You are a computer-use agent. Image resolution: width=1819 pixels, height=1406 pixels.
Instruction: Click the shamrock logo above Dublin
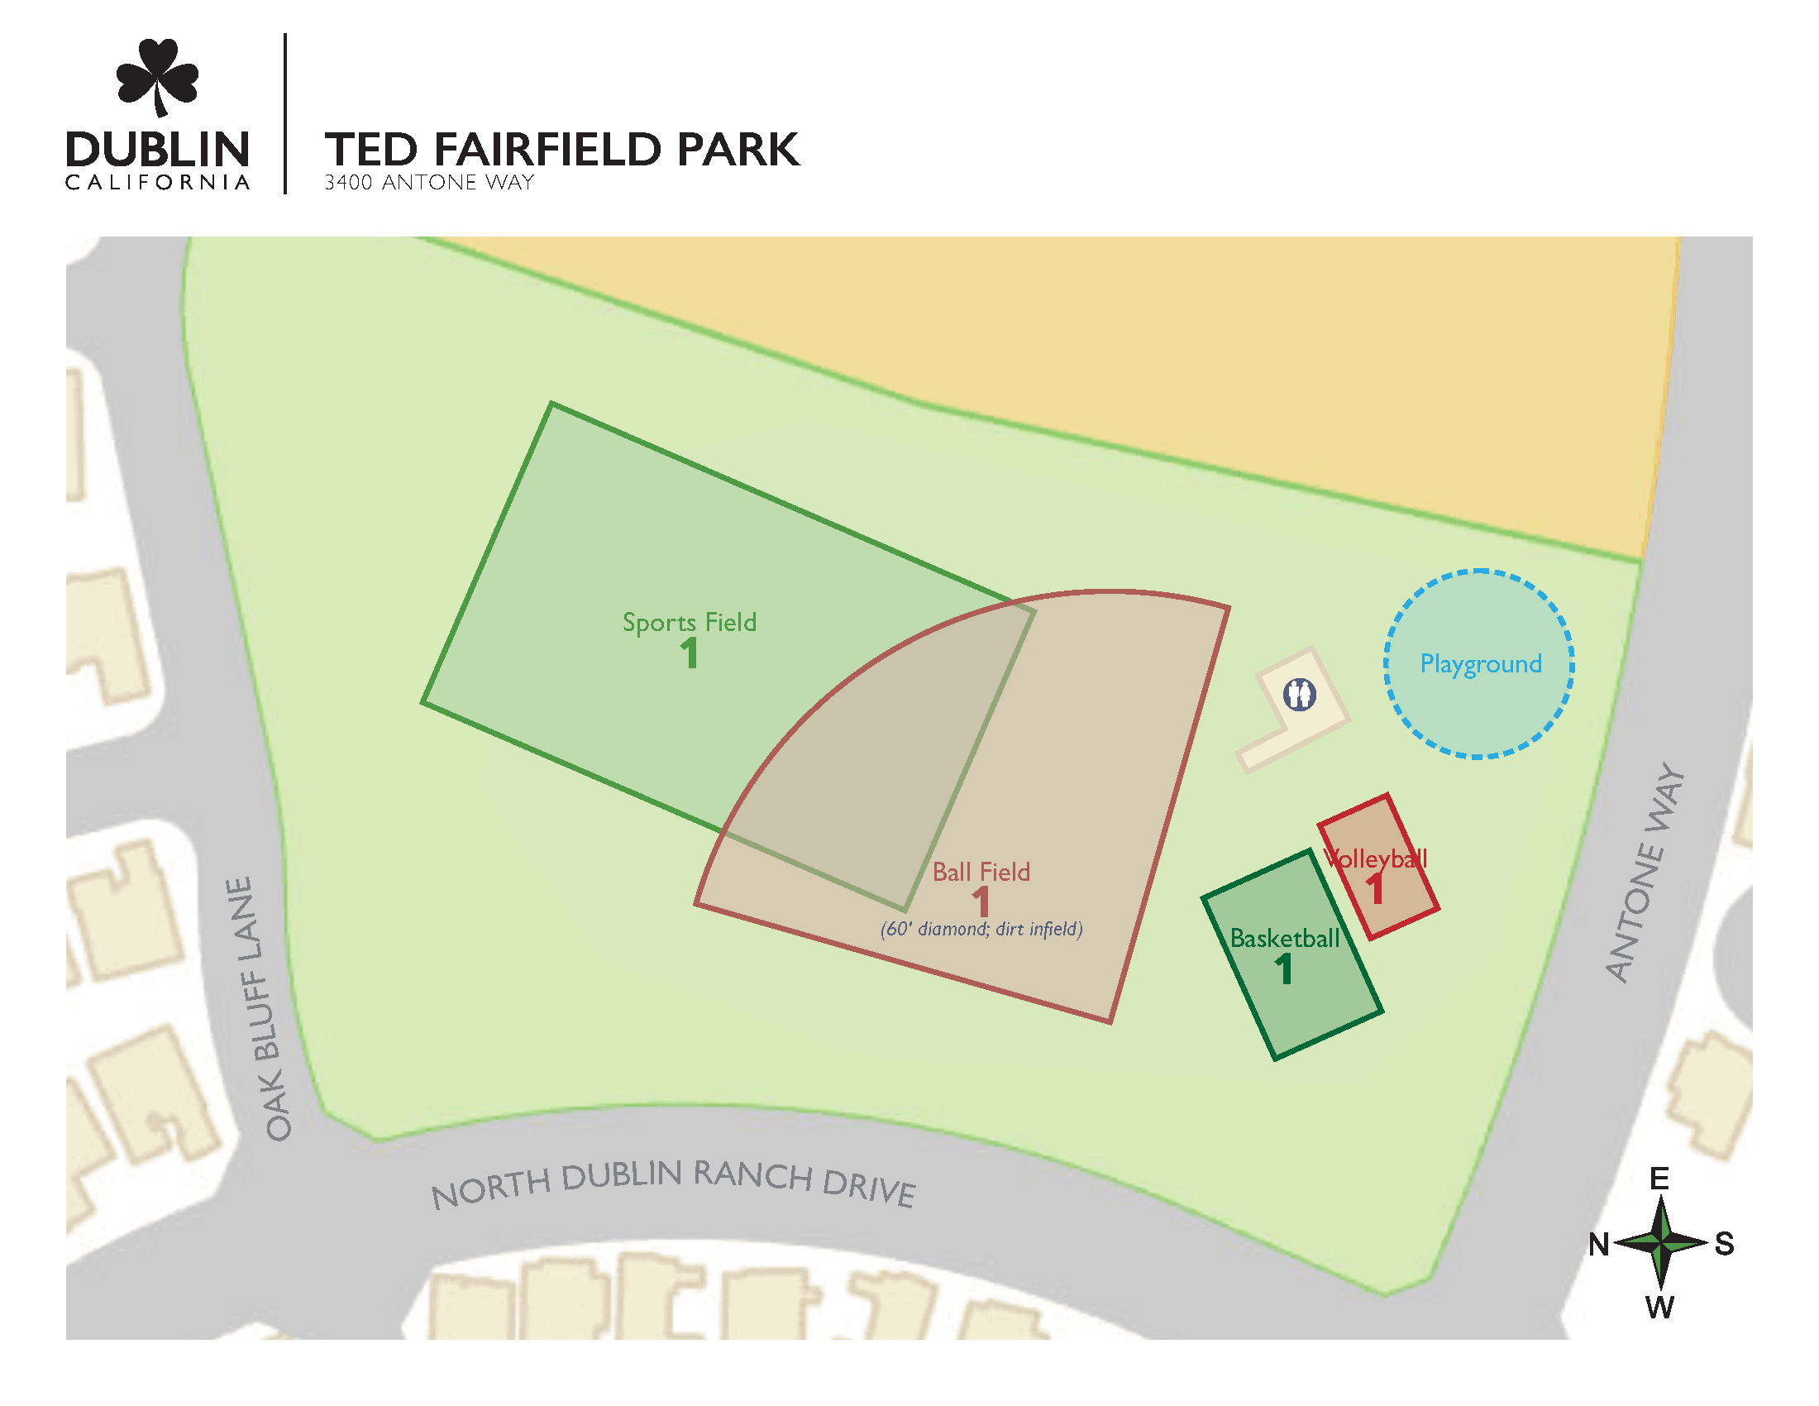click(157, 78)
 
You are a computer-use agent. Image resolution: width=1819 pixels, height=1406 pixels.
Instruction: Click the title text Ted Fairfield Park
click(561, 150)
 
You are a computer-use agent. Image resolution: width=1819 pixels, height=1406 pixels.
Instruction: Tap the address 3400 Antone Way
click(429, 183)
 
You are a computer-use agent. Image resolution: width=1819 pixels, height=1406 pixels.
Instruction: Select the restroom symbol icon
click(1298, 694)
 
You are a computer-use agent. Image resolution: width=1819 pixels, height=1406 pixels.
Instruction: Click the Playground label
click(1480, 665)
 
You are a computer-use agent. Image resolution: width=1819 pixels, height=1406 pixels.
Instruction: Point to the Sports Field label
click(690, 623)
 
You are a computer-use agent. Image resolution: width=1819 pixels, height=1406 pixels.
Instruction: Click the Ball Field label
click(981, 872)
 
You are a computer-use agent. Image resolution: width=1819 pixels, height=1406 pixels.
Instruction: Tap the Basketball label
click(1284, 939)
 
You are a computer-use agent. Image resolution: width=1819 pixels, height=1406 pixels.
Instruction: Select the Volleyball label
click(1375, 858)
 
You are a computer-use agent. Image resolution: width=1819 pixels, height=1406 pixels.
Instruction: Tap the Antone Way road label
click(1645, 872)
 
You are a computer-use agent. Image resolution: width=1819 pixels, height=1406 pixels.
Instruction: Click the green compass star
click(1661, 1243)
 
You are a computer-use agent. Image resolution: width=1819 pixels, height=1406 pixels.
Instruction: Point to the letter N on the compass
click(1598, 1245)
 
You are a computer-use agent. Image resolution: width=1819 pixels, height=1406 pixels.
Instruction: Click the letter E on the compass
click(1659, 1179)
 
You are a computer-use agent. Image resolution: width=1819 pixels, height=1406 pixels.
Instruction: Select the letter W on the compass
click(1659, 1308)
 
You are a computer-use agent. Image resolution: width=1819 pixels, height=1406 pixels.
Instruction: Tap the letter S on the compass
click(1724, 1245)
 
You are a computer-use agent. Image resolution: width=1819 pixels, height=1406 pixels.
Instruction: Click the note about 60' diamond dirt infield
click(981, 930)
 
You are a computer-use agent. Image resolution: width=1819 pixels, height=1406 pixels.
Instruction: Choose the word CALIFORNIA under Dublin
click(157, 183)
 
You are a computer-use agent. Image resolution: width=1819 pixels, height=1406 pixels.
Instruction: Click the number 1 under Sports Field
click(689, 654)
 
